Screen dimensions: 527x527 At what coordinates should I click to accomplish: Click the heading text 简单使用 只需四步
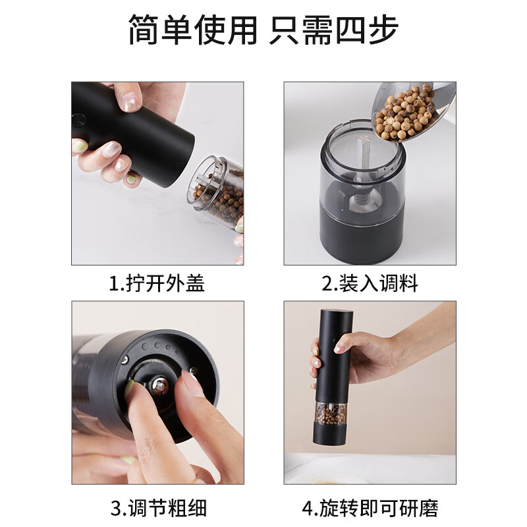(x=263, y=32)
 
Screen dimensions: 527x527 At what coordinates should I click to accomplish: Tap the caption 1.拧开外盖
(x=157, y=283)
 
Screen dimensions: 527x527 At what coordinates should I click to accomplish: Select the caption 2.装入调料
(x=370, y=283)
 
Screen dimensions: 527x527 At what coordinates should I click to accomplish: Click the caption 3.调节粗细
(x=158, y=508)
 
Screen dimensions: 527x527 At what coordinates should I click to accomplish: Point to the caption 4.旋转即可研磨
(x=370, y=508)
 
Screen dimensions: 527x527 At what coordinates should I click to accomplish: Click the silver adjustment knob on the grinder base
(x=160, y=385)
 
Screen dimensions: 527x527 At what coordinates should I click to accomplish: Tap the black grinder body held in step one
(x=142, y=132)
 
